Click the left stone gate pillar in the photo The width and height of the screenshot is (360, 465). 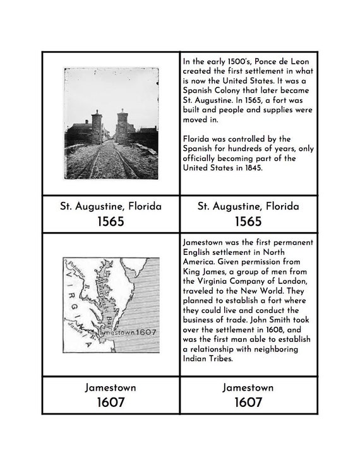click(x=97, y=127)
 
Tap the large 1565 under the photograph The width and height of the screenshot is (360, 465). click(x=111, y=221)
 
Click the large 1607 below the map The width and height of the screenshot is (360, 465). click(x=111, y=402)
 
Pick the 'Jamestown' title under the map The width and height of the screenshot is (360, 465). click(x=111, y=387)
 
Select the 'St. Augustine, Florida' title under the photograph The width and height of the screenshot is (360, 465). click(x=111, y=206)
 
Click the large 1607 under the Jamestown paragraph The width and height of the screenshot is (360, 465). click(x=248, y=402)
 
